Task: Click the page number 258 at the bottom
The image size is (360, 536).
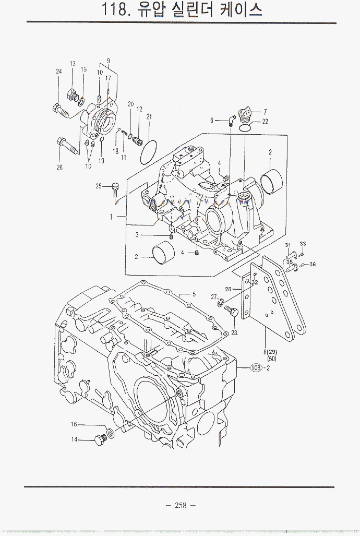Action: click(181, 505)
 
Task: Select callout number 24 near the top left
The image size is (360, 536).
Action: click(59, 72)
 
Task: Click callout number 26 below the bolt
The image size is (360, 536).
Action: click(59, 168)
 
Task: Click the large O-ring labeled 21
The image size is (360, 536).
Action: click(149, 151)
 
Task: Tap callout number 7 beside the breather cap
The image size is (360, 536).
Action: click(265, 112)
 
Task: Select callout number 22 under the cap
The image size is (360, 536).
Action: click(265, 122)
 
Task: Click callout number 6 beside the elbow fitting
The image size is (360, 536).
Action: click(212, 121)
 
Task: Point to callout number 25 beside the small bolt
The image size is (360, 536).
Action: click(98, 186)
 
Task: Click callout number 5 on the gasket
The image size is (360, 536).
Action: click(194, 294)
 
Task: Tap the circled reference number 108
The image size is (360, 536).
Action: click(256, 368)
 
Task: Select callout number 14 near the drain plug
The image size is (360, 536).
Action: click(75, 440)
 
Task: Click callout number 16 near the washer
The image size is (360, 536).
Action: click(75, 425)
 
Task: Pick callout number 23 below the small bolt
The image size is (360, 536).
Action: click(234, 332)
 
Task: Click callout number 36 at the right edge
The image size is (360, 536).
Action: click(313, 264)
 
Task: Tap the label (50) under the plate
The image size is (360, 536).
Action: click(272, 359)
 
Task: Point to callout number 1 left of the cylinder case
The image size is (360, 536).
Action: click(111, 216)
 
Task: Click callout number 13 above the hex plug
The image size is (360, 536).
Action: click(73, 64)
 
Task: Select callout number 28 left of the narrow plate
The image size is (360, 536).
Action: click(228, 289)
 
